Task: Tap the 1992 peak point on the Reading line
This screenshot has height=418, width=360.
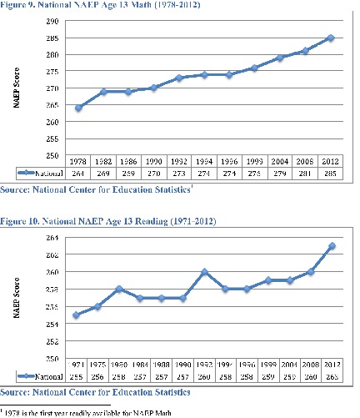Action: pyautogui.click(x=204, y=272)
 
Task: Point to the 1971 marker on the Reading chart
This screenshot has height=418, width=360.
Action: pyautogui.click(x=76, y=315)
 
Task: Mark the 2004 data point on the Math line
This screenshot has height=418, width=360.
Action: pyautogui.click(x=281, y=58)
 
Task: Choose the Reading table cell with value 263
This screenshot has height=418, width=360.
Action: pyautogui.click(x=332, y=376)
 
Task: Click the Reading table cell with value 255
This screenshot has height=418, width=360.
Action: pyautogui.click(x=76, y=376)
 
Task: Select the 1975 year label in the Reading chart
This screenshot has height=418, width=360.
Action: pyautogui.click(x=97, y=365)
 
